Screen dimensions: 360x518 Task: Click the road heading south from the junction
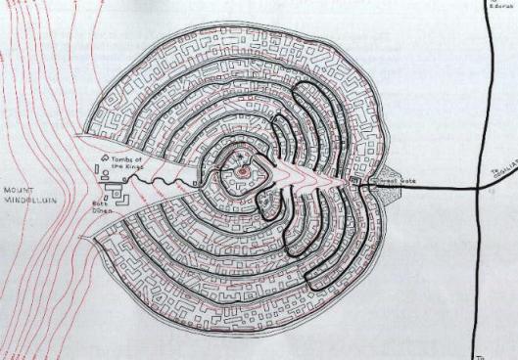pyautogui.click(x=476, y=274)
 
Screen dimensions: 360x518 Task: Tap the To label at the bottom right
pyautogui.click(x=480, y=353)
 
